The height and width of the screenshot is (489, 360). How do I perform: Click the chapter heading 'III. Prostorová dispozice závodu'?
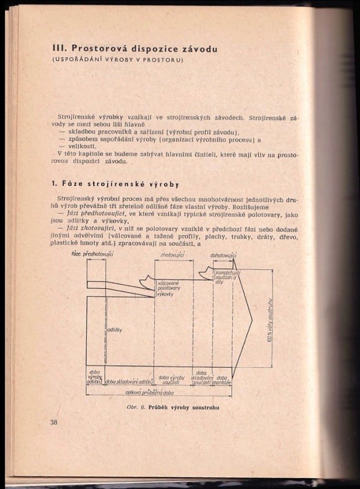[x=134, y=49]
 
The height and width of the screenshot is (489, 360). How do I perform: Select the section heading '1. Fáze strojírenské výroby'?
[x=115, y=185]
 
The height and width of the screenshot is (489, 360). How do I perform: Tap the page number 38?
[x=54, y=422]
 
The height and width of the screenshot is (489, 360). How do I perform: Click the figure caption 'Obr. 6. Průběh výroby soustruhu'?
[x=173, y=407]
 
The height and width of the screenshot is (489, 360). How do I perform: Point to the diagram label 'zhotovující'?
[x=172, y=254]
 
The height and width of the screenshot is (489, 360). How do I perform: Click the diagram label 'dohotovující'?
[x=223, y=255]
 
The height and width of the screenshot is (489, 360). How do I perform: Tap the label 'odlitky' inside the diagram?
[x=113, y=330]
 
